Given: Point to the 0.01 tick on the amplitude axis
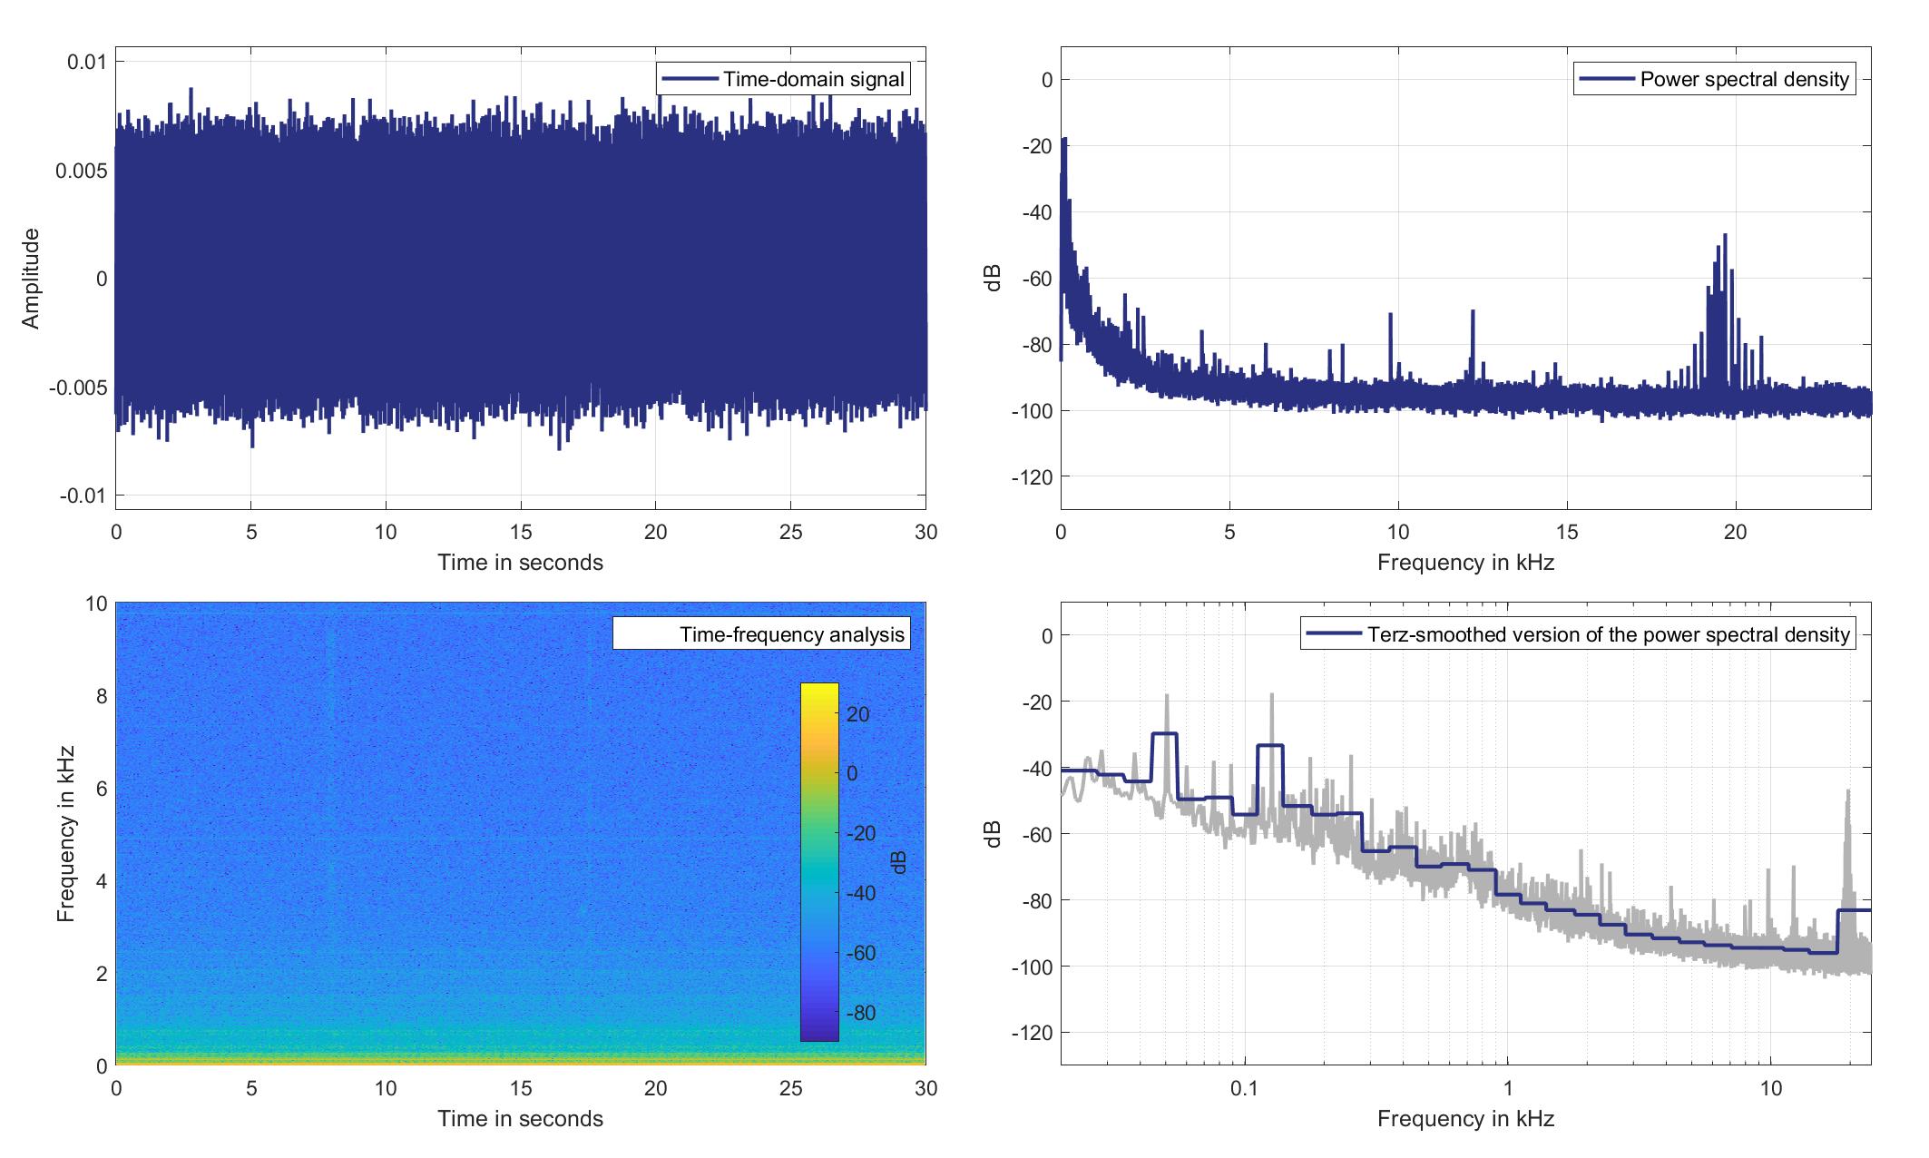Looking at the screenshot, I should point(87,62).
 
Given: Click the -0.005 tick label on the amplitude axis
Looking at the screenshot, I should point(82,388).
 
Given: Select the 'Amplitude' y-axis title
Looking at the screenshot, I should point(32,279).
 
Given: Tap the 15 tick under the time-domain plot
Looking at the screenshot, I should point(521,532).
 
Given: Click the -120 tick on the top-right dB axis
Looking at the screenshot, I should point(1032,477).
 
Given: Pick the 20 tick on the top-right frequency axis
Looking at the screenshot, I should point(1735,532).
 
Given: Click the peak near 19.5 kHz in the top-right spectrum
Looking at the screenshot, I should point(1725,236).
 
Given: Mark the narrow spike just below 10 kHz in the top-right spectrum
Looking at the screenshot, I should point(1390,315).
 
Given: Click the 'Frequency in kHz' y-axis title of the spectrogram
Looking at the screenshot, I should point(65,833).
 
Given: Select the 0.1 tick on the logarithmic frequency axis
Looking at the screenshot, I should point(1244,1088).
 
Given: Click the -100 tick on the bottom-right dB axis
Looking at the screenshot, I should point(1032,967).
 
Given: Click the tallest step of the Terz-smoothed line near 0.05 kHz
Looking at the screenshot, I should point(1164,733).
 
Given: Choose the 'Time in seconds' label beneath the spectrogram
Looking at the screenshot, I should point(520,1119).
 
